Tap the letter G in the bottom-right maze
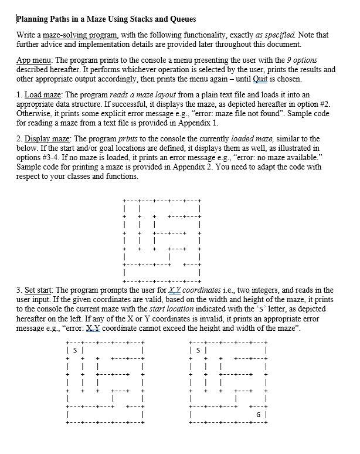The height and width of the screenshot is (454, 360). point(259,416)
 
